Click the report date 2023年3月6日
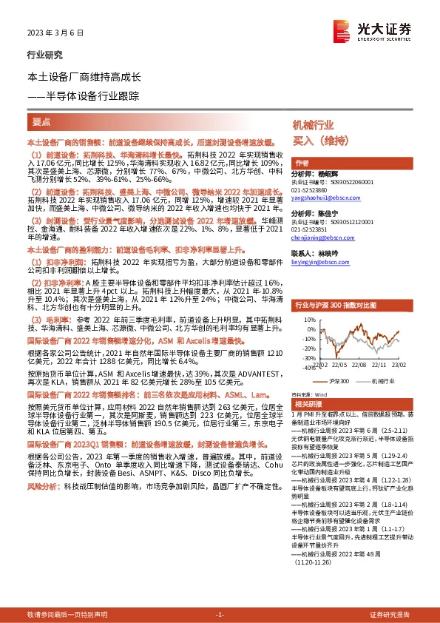[x=50, y=33]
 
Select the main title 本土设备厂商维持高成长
[x=89, y=76]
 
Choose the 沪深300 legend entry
[x=339, y=380]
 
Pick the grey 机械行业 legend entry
[x=384, y=380]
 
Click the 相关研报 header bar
[x=354, y=405]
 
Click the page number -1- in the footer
[x=220, y=614]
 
